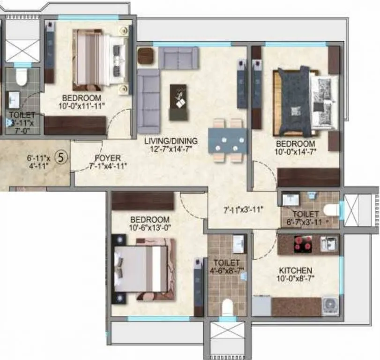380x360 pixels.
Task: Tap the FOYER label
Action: tap(107, 158)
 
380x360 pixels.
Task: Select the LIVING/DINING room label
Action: tap(171, 141)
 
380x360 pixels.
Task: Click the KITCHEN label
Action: tap(295, 270)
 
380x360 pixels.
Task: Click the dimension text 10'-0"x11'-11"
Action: tap(82, 106)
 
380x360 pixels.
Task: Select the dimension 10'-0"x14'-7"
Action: tap(295, 151)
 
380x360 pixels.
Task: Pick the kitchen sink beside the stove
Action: tap(328, 243)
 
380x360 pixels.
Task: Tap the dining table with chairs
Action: tap(227, 140)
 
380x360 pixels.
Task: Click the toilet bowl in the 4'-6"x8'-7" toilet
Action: tap(227, 307)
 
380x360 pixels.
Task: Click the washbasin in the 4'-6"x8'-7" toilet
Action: tap(238, 244)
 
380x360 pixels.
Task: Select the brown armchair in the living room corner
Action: tap(145, 56)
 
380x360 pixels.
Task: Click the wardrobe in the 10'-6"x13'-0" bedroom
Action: tap(143, 201)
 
